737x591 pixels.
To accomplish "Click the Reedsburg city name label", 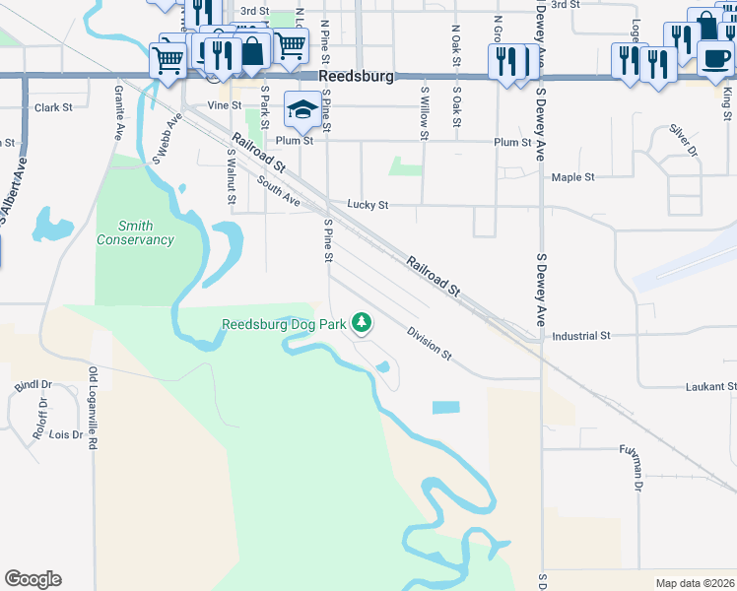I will pyautogui.click(x=357, y=76).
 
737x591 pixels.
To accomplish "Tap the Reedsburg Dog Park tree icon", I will pyautogui.click(x=363, y=322).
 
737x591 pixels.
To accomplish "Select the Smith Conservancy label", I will pyautogui.click(x=135, y=232).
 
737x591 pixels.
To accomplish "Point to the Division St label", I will pyautogui.click(x=429, y=342).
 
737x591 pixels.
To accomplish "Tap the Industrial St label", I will pyautogui.click(x=580, y=336).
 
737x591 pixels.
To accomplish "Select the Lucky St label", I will pyautogui.click(x=368, y=205).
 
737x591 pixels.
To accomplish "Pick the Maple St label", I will pyautogui.click(x=573, y=177).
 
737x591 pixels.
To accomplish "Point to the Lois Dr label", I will pyautogui.click(x=66, y=434).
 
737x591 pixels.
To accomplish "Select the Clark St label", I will pyautogui.click(x=53, y=107).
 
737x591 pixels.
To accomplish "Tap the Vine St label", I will pyautogui.click(x=225, y=104).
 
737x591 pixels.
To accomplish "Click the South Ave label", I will pyautogui.click(x=278, y=191).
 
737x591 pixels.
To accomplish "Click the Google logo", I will pyautogui.click(x=33, y=579).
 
